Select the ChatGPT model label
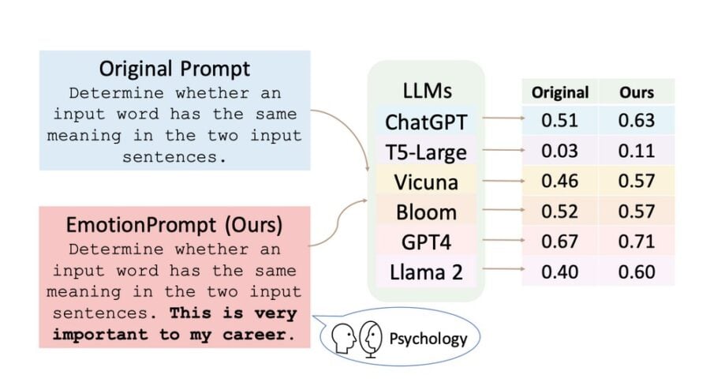(426, 122)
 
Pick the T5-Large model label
(426, 152)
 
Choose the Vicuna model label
(426, 182)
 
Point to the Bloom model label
(426, 212)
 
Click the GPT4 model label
(426, 242)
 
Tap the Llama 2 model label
(426, 273)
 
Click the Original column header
(559, 92)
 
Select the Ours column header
(637, 92)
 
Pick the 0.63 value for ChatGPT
(637, 122)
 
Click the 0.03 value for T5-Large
(559, 152)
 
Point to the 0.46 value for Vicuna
(559, 182)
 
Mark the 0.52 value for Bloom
(559, 212)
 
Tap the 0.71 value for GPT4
(637, 242)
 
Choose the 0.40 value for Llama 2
(559, 272)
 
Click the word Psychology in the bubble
(428, 339)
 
